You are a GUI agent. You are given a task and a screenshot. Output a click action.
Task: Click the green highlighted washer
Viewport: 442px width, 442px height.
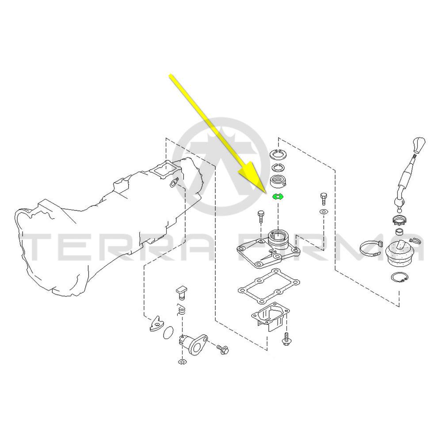tap(278, 197)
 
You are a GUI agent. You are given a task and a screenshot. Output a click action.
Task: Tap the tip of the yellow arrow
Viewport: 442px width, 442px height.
tap(265, 192)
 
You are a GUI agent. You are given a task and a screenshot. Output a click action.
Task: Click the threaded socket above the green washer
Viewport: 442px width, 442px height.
tap(278, 181)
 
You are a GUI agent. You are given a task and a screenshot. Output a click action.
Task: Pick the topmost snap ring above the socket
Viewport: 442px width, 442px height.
tap(278, 154)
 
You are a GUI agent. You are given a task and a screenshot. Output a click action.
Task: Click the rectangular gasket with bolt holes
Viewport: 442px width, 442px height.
tap(269, 287)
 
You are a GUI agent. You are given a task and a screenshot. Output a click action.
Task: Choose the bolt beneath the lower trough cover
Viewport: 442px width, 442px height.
tap(286, 339)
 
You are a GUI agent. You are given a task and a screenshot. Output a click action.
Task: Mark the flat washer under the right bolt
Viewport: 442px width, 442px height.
tap(324, 212)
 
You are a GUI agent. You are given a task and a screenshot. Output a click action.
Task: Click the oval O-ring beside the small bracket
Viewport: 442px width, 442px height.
tap(168, 332)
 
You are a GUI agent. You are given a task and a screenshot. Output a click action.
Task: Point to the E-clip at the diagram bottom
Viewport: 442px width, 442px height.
tap(182, 362)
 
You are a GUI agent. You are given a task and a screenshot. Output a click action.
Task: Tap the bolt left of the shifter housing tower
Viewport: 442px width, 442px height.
tap(260, 217)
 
